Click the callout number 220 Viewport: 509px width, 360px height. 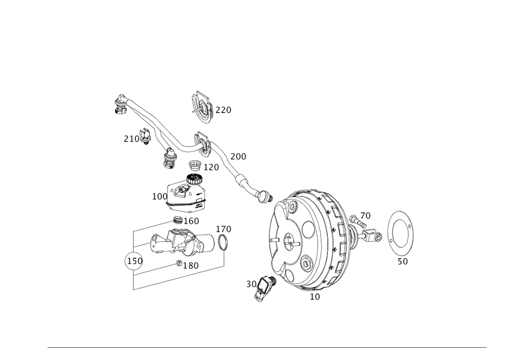223,109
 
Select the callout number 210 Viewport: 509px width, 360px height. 131,138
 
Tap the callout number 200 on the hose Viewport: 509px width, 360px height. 238,156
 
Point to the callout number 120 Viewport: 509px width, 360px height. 211,167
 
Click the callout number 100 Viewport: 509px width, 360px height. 160,196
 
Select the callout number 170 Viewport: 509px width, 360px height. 224,229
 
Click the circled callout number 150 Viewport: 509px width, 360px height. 134,261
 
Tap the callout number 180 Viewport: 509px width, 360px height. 190,265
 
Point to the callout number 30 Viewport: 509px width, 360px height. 251,284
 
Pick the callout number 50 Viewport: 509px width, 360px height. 403,261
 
